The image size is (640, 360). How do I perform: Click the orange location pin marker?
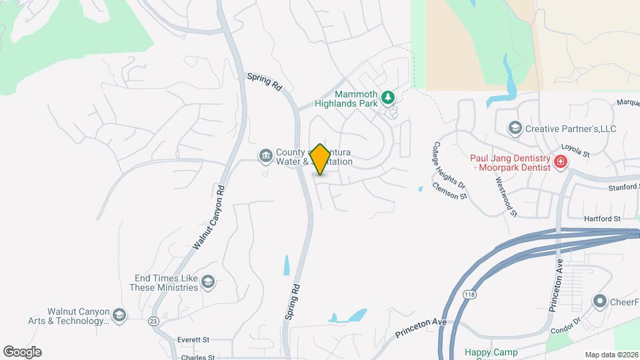coord(321,159)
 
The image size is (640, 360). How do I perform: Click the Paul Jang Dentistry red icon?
coord(561,161)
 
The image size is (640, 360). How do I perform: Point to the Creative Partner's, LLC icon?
coord(515,127)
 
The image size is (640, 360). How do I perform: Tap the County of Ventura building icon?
coord(265,156)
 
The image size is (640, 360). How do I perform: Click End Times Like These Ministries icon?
coord(209,283)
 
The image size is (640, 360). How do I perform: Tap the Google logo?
coord(22,351)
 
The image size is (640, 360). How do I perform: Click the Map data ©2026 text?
coord(611,355)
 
